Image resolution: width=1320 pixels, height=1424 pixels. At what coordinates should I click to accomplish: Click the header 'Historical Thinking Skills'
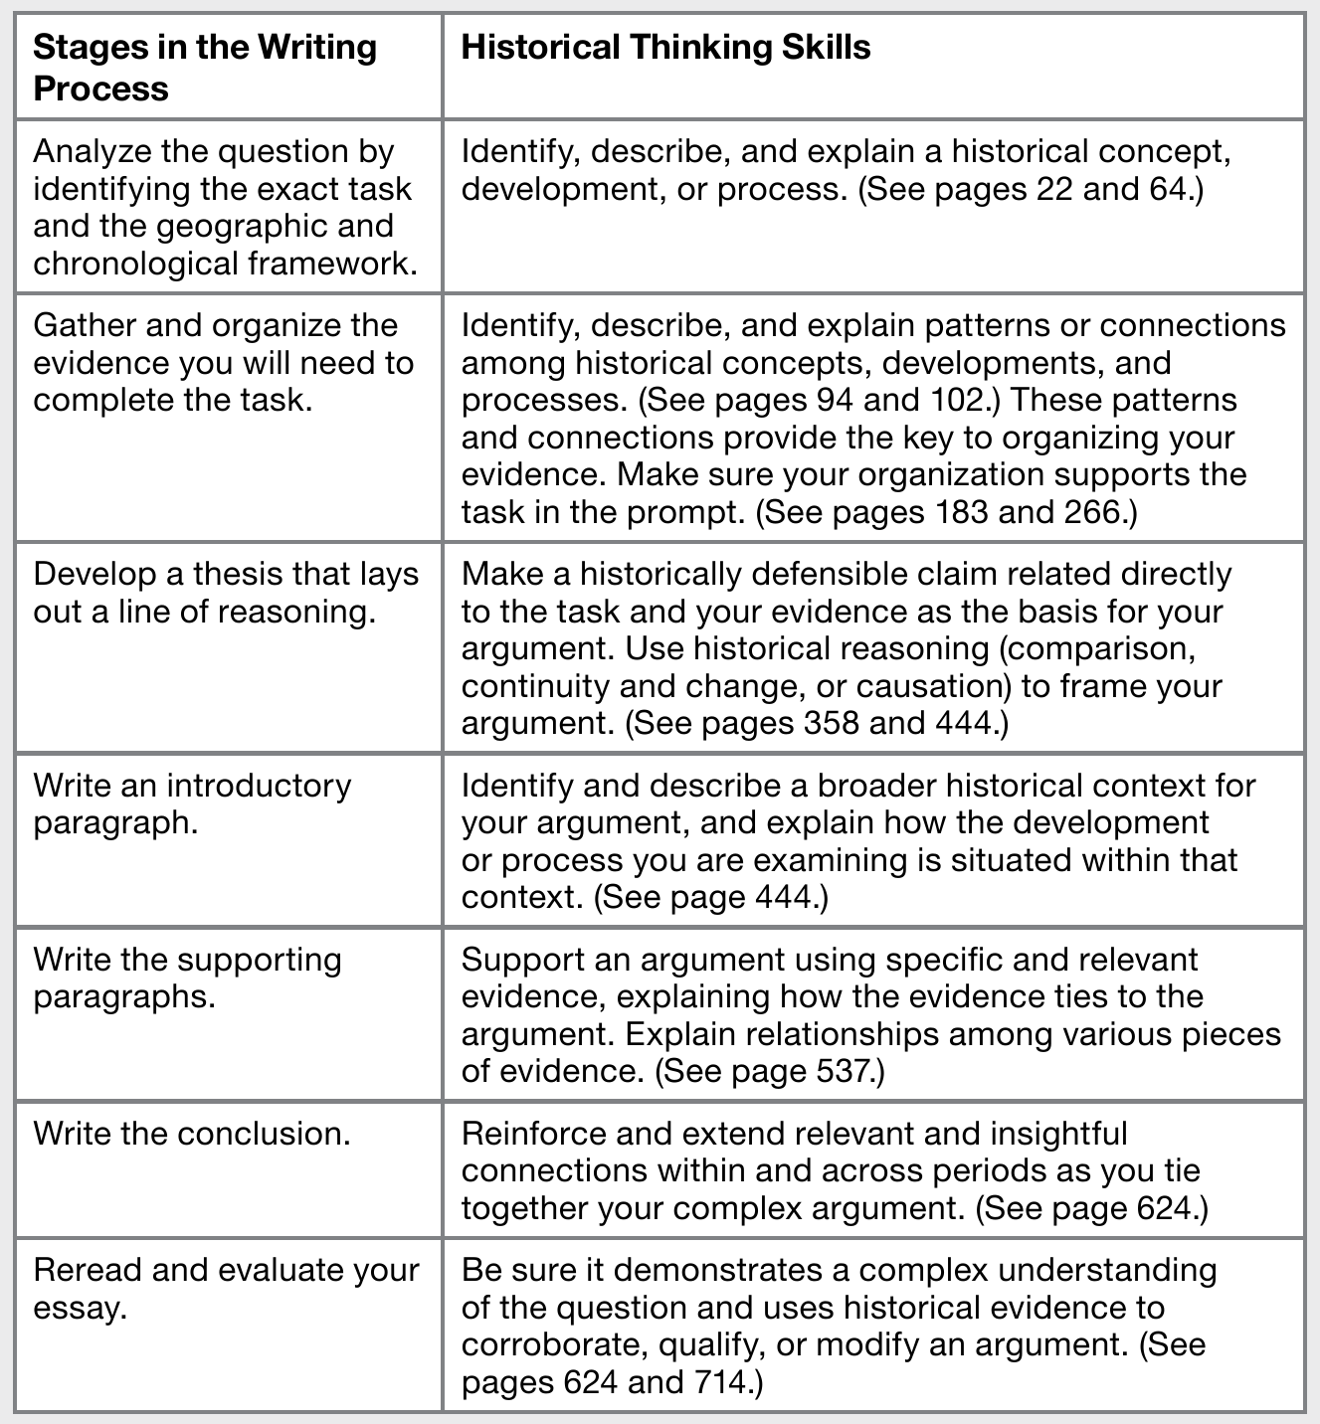(x=665, y=48)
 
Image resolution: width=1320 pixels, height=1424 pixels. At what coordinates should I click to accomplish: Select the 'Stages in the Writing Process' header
(x=205, y=68)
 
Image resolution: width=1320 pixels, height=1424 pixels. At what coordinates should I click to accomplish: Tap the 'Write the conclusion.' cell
(x=192, y=1134)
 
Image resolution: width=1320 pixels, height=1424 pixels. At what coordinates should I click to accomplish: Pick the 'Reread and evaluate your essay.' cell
(x=226, y=1289)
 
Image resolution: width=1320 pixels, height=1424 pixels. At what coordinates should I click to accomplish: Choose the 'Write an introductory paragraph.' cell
(x=192, y=804)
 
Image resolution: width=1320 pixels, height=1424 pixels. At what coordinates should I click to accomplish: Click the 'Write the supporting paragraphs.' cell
(x=187, y=978)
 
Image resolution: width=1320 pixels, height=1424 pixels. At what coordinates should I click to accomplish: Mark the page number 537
(x=839, y=1072)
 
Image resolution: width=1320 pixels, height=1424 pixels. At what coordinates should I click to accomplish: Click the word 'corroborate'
(x=550, y=1345)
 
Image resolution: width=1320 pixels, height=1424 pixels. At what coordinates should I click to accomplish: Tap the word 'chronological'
(x=137, y=265)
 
